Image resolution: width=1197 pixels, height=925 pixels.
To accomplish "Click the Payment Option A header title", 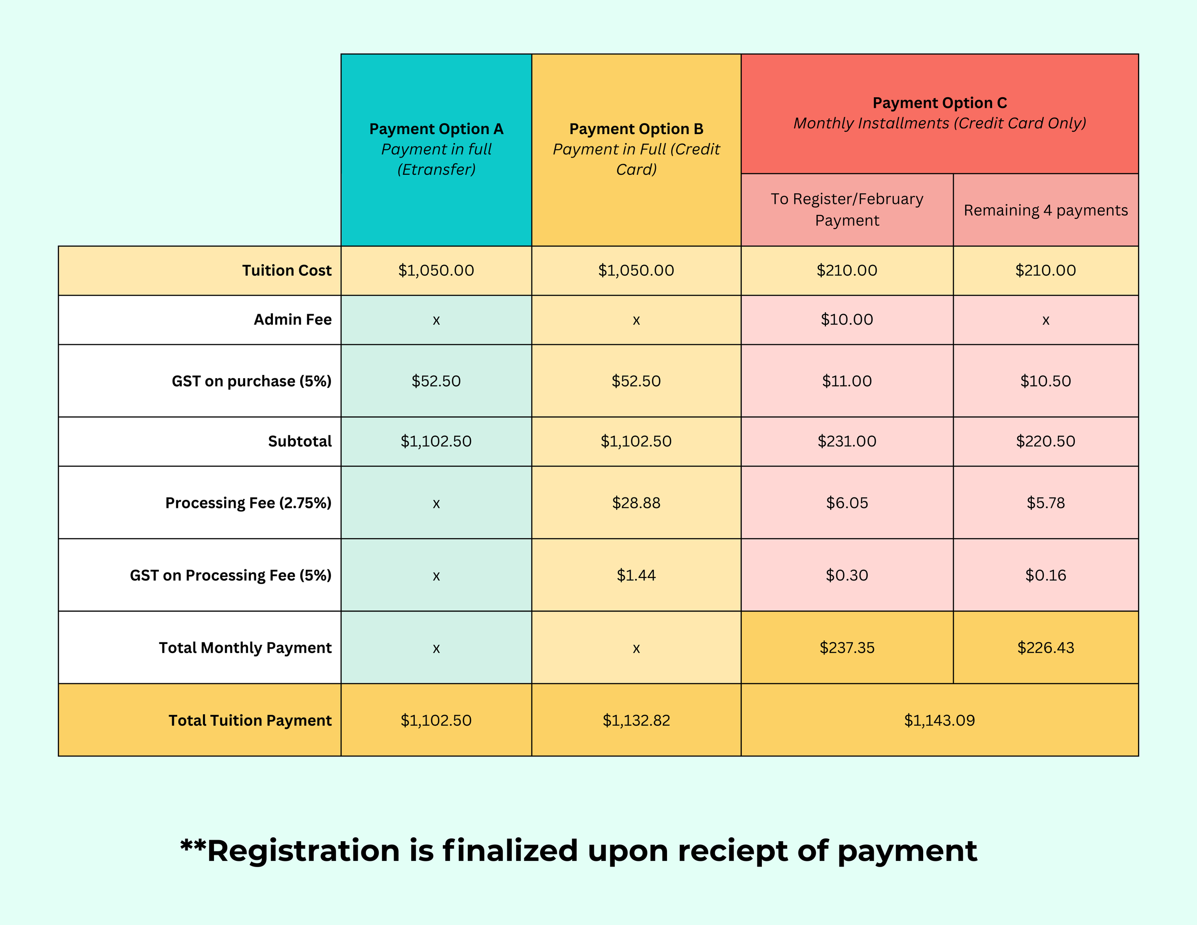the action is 436,129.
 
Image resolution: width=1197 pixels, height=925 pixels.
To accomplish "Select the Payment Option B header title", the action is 636,129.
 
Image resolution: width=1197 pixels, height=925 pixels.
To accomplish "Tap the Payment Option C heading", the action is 939,103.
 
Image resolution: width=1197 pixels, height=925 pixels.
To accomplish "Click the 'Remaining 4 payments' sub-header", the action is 1045,211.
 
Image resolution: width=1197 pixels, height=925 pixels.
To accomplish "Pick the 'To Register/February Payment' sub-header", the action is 847,209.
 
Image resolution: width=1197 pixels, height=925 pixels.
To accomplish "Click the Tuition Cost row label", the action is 287,271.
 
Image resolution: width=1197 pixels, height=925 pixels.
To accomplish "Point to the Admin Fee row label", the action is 293,319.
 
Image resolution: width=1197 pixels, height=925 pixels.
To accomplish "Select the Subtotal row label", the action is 300,441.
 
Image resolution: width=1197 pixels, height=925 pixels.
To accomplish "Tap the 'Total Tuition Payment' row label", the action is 250,720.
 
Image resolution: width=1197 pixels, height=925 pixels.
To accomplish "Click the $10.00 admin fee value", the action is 847,319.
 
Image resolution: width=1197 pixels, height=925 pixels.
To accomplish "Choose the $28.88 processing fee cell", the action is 636,503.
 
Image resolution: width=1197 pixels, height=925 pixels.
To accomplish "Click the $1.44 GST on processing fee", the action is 636,575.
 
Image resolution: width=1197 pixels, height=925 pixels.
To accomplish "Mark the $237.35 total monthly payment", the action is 847,648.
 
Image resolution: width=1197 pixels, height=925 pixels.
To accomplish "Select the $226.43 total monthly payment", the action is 1045,648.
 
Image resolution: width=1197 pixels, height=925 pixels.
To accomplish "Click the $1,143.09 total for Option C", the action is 939,720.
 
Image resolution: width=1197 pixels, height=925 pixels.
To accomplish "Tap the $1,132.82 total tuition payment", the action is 636,720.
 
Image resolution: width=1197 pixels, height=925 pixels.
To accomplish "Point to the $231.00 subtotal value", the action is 847,441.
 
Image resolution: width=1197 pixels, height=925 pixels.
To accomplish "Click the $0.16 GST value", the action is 1045,575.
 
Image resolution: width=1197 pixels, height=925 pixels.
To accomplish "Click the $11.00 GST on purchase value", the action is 847,381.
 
